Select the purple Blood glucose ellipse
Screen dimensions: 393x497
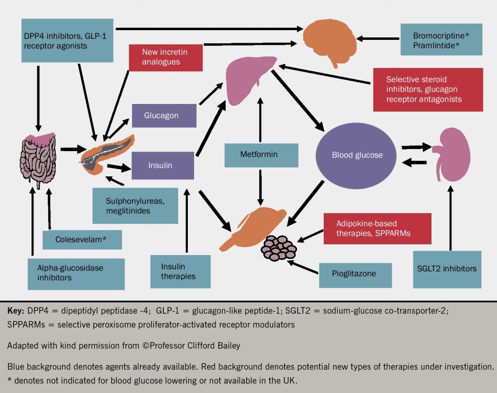click(357, 155)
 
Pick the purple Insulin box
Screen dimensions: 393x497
click(163, 166)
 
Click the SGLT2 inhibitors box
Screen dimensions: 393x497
click(447, 269)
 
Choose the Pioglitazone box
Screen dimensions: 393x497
click(348, 273)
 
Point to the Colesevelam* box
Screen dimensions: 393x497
click(81, 240)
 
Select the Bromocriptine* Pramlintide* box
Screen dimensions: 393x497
click(441, 40)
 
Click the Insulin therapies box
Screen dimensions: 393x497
click(180, 272)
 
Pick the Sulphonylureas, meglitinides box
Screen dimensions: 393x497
click(135, 205)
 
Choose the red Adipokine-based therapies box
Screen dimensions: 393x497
click(377, 228)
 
